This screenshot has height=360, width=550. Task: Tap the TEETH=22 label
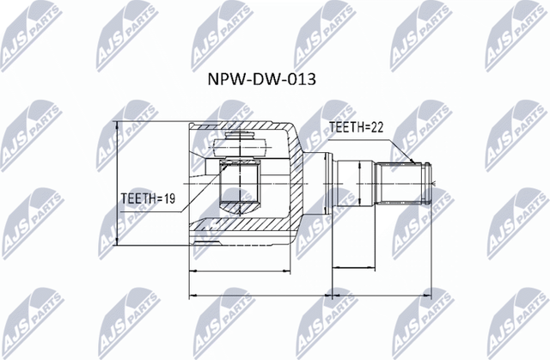(355, 127)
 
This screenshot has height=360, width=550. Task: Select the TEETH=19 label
(147, 198)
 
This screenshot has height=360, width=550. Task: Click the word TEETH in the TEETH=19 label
(137, 198)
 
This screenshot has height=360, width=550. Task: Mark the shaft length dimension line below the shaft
(378, 268)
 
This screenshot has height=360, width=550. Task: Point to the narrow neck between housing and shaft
(318, 183)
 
